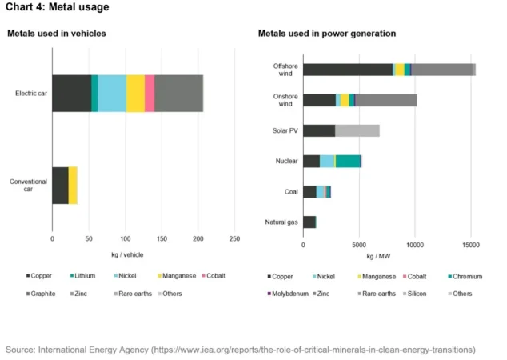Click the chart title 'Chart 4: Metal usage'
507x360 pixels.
coord(57,8)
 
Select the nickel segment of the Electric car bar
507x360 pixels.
coord(112,94)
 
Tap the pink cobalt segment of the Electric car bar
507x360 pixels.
coord(150,94)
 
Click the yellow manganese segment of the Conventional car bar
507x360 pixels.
coord(73,186)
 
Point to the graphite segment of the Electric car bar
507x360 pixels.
coord(178,94)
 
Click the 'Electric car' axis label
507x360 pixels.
coord(31,94)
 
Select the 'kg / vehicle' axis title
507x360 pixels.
coord(126,254)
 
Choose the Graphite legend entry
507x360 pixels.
coord(40,294)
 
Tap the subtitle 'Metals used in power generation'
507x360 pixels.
coord(327,34)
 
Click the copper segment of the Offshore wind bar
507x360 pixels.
coord(348,70)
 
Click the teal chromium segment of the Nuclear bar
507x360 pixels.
coord(349,161)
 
